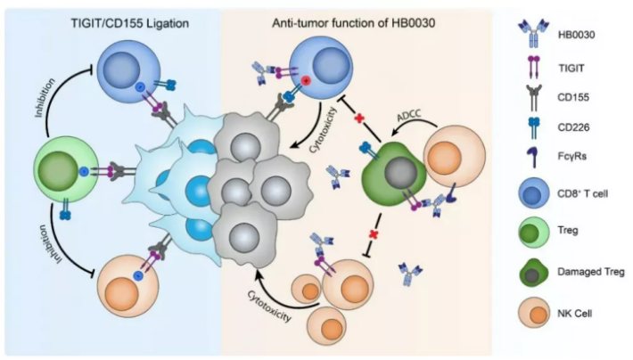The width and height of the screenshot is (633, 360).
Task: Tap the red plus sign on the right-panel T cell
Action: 305,81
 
